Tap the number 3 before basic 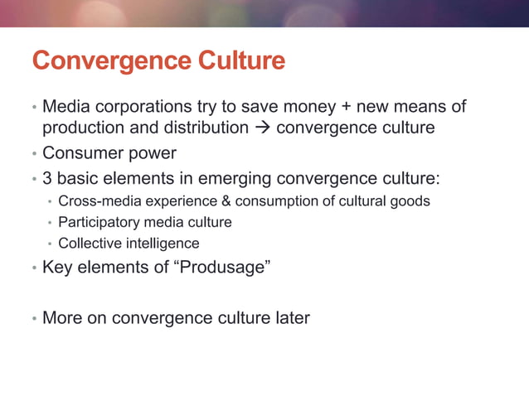click(47, 178)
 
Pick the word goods click(410, 201)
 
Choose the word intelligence click(159, 244)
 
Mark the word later click(289, 317)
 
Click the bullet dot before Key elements click(34, 269)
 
